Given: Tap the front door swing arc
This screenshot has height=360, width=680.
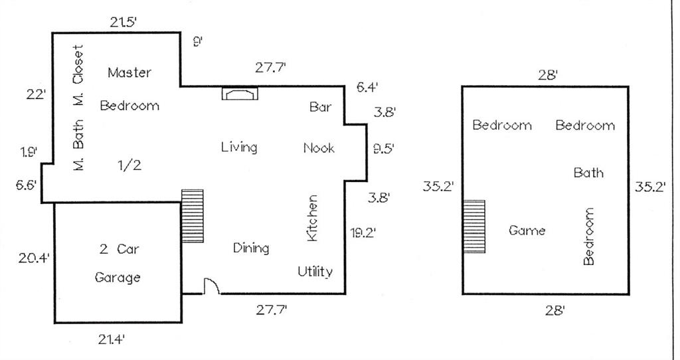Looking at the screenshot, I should point(211,286).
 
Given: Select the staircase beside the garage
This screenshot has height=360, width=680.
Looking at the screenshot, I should point(192,215).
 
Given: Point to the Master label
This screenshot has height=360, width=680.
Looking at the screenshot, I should point(129,72).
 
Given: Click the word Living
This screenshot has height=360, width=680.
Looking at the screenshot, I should point(239,147).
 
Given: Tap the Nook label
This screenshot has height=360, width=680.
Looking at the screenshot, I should point(319,147).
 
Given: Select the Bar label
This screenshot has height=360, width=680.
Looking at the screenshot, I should point(321,106).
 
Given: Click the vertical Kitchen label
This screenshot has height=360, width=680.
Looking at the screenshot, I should point(312,218).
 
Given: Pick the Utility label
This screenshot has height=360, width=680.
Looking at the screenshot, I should point(315,271).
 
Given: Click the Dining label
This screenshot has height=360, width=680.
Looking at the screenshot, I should point(251,248).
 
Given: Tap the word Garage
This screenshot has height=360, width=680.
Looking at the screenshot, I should point(118,277).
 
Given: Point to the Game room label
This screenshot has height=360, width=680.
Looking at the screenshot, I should point(527,230).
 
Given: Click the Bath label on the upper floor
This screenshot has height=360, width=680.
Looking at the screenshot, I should point(588,173).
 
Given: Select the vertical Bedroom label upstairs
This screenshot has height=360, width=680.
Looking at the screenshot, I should point(588,236).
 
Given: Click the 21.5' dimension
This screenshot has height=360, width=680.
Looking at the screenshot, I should point(124,23).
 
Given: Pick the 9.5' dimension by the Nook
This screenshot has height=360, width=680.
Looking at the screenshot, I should point(384,148).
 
